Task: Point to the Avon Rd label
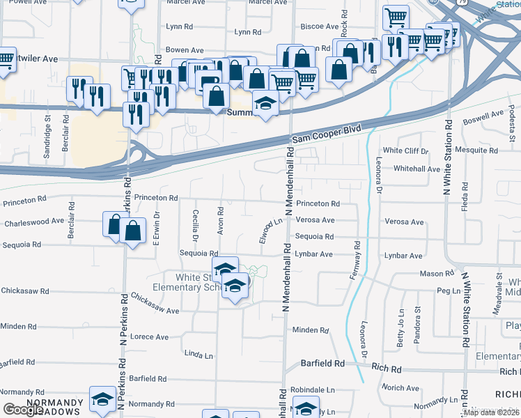221,220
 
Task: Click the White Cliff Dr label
406,150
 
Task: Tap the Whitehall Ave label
417,169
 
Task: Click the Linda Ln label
199,355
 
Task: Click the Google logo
23,410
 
